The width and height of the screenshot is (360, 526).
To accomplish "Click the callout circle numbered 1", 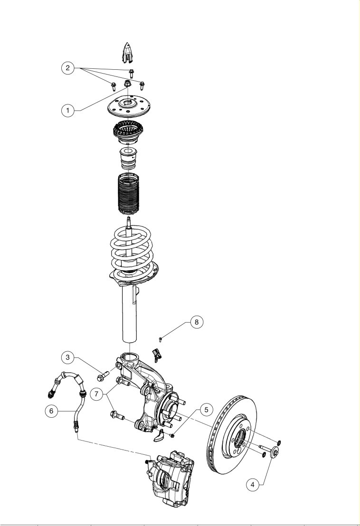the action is click(x=68, y=110).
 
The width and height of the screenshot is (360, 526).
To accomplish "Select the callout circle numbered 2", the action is click(x=68, y=68).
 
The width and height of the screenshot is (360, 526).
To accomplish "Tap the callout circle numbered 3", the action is click(x=68, y=357).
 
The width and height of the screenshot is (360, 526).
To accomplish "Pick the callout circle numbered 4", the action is click(x=253, y=484).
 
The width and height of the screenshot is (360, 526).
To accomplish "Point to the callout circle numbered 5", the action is click(x=206, y=409).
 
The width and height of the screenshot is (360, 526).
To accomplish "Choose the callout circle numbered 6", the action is click(x=51, y=411).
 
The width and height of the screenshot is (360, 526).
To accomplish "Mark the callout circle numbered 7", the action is click(x=96, y=394).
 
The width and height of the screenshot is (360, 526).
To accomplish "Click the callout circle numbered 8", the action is click(x=197, y=322).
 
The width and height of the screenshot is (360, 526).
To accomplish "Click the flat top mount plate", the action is click(x=128, y=107).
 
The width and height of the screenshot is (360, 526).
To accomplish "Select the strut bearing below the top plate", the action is click(x=128, y=132).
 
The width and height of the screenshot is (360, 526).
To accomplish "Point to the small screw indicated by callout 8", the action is click(x=161, y=339).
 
